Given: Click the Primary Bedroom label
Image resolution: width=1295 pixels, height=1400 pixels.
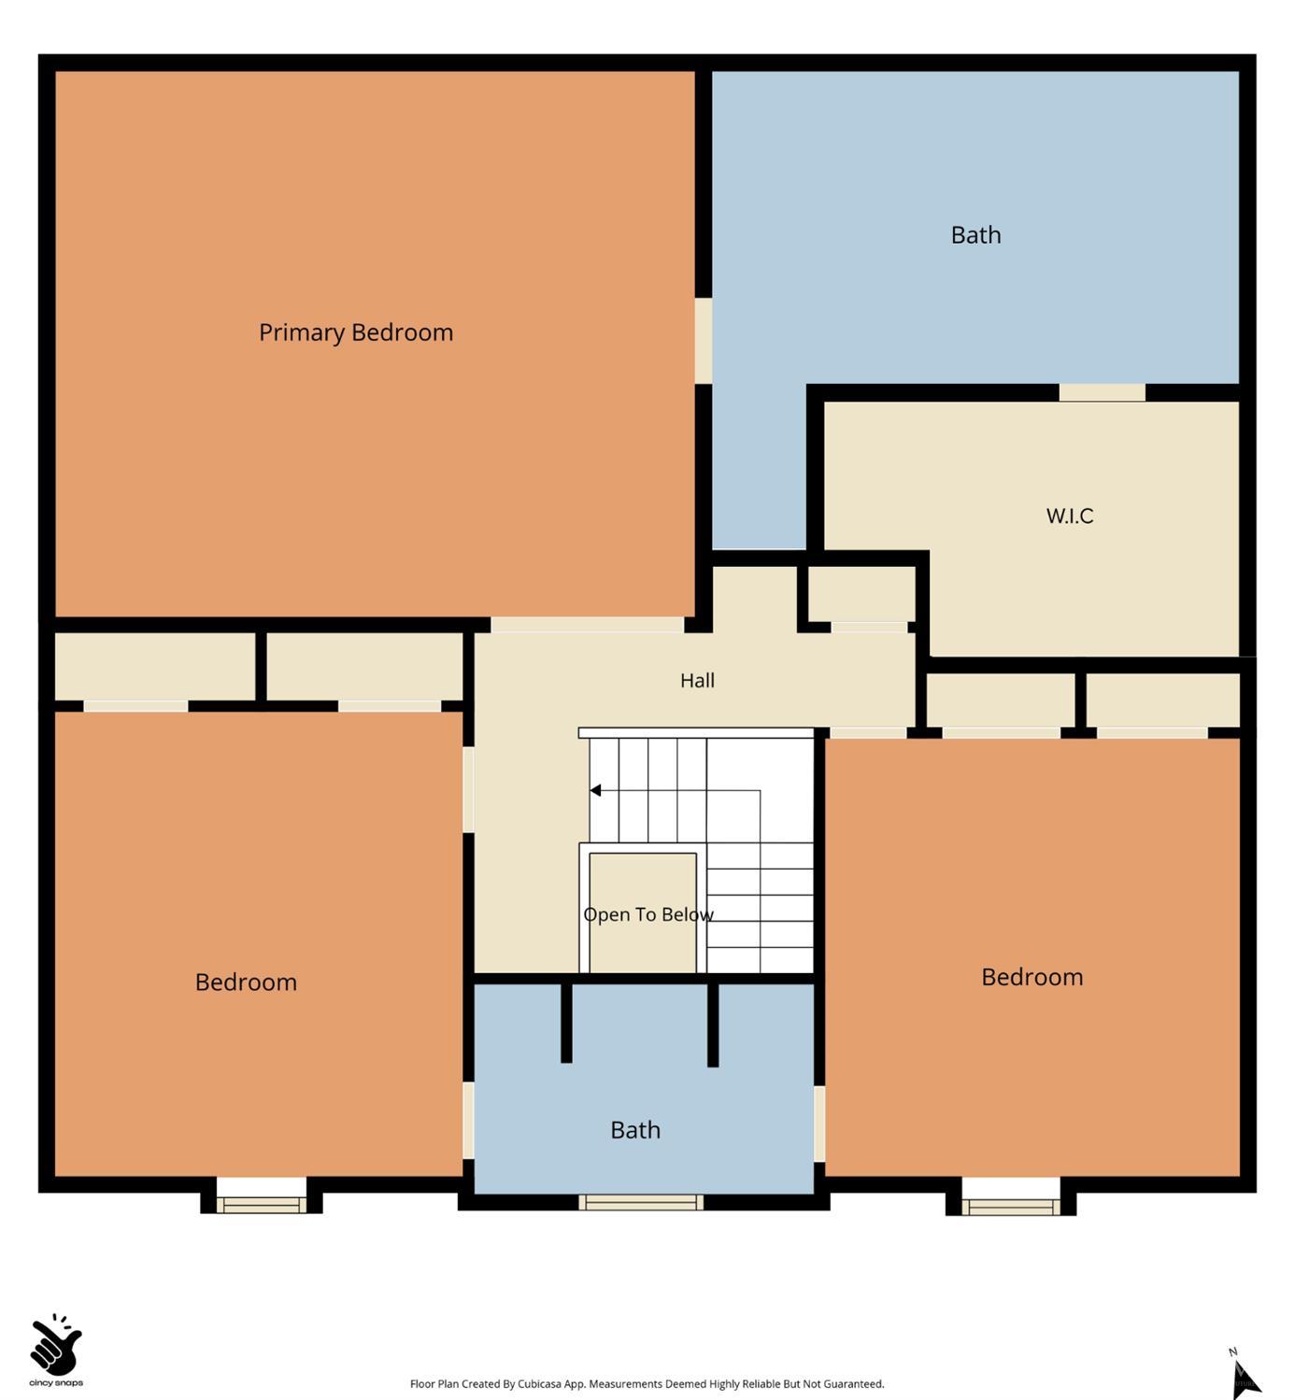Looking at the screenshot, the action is [355, 332].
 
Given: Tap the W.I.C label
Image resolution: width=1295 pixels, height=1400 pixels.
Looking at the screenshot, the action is [1069, 516].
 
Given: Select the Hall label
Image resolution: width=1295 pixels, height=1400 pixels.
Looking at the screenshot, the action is [697, 680].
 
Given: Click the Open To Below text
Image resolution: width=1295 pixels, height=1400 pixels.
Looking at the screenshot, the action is [648, 914].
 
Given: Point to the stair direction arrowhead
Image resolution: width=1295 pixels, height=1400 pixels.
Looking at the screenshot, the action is [595, 790].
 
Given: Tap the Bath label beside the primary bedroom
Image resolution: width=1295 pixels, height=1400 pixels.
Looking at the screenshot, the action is [975, 234].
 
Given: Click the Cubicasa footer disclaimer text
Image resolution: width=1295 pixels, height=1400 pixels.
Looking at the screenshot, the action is [647, 1384].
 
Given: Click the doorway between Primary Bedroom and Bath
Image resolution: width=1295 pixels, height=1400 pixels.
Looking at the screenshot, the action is [703, 341].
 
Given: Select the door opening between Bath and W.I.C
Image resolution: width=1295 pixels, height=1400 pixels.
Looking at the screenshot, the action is [1102, 392].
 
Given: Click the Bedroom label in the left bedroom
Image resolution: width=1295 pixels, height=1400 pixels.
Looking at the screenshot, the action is [246, 982].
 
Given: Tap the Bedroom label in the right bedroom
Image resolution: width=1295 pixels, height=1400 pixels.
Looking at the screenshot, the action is [1032, 977].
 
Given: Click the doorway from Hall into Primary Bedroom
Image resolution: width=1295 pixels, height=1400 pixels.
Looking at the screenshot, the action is [587, 625].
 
